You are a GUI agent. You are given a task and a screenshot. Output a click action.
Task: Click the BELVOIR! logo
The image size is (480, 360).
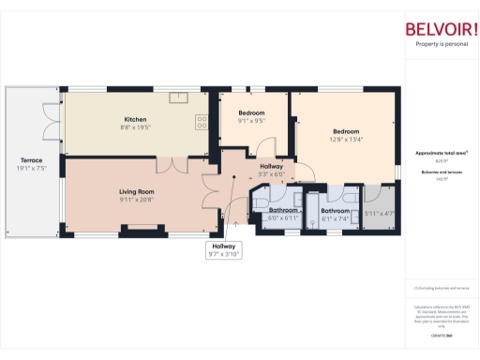[x=441, y=28]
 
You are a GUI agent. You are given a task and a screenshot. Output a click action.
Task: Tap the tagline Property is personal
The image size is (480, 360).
[x=441, y=44]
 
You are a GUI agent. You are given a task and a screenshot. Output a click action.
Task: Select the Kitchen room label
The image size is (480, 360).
[x=137, y=120]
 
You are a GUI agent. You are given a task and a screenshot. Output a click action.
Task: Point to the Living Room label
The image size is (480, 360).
[x=137, y=191]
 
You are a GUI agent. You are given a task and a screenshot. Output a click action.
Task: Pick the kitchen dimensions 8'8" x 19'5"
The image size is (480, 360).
[x=137, y=127]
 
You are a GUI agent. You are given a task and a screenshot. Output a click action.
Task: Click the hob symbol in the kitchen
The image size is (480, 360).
[x=202, y=120]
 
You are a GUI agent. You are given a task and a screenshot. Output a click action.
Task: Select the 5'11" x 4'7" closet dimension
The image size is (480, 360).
[x=379, y=214]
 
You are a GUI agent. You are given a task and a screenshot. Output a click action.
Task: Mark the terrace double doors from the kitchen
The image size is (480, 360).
[x=51, y=120]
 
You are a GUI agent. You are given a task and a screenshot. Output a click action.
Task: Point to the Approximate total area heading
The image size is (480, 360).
[x=441, y=152]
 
